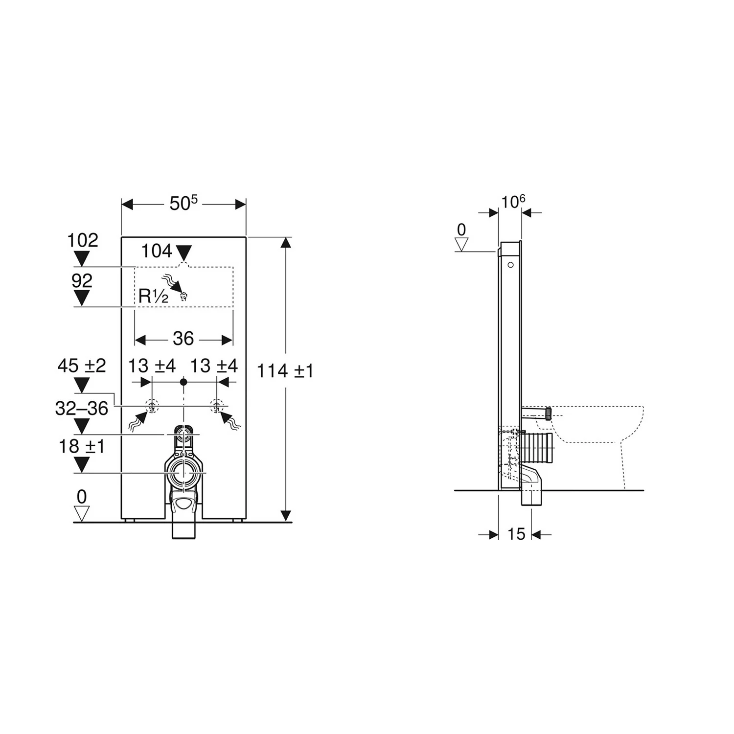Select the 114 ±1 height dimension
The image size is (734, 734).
pyautogui.click(x=285, y=371)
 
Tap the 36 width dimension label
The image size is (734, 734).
pyautogui.click(x=183, y=339)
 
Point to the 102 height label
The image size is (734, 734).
pyautogui.click(x=83, y=240)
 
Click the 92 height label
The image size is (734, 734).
pyautogui.click(x=82, y=281)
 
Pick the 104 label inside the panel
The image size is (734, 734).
pyautogui.click(x=157, y=251)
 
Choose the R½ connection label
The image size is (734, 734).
pyautogui.click(x=153, y=296)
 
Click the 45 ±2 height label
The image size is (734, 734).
pyautogui.click(x=82, y=366)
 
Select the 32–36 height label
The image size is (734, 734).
pyautogui.click(x=81, y=408)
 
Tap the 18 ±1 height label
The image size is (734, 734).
pyautogui.click(x=82, y=446)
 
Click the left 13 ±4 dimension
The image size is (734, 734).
pyautogui.click(x=152, y=366)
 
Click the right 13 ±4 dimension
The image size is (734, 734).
pyautogui.click(x=214, y=366)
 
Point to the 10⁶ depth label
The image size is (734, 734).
pyautogui.click(x=513, y=201)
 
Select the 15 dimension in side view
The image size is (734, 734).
pyautogui.click(x=516, y=534)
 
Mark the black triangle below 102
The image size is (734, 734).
pyautogui.click(x=82, y=258)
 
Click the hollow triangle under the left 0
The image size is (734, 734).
pyautogui.click(x=81, y=513)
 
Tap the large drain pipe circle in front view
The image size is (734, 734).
pyautogui.click(x=184, y=473)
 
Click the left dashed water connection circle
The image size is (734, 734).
pyautogui.click(x=152, y=406)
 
